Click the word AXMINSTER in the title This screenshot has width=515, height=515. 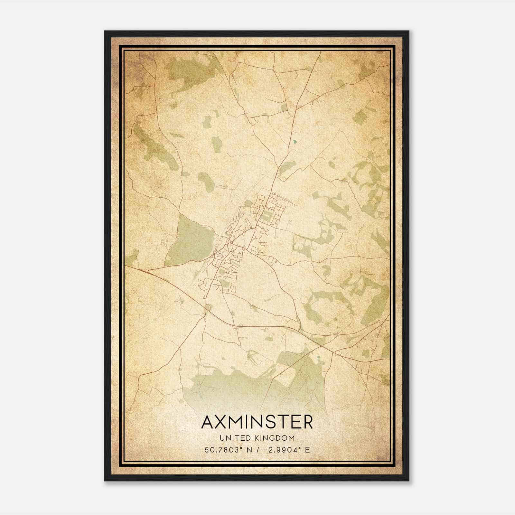(257, 422)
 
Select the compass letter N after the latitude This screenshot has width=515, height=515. (249, 450)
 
